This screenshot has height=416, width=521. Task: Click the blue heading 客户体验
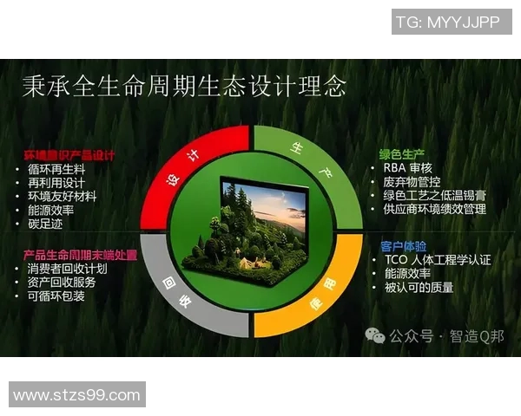click(401, 246)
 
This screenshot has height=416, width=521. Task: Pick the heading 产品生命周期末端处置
click(80, 255)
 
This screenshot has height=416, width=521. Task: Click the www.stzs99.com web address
click(76, 395)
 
